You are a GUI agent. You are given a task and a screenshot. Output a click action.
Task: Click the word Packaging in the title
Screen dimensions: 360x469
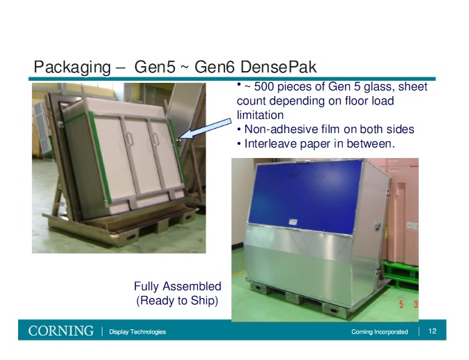tap(72, 68)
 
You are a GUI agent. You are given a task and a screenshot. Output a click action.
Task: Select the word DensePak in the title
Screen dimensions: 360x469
tap(282, 68)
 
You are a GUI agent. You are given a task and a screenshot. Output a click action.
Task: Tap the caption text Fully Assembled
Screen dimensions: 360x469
tap(177, 286)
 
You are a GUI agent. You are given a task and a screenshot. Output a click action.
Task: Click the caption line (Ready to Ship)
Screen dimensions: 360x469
tap(177, 300)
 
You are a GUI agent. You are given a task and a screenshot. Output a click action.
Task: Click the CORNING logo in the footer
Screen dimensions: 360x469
tap(61, 331)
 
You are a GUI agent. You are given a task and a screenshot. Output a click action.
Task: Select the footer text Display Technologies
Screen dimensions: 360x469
tap(137, 331)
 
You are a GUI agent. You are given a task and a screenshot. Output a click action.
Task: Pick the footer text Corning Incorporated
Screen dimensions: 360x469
tap(380, 332)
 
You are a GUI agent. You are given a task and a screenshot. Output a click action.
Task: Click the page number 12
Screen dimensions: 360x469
tap(432, 331)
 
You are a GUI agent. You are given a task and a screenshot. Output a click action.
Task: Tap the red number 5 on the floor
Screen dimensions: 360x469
tap(401, 304)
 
